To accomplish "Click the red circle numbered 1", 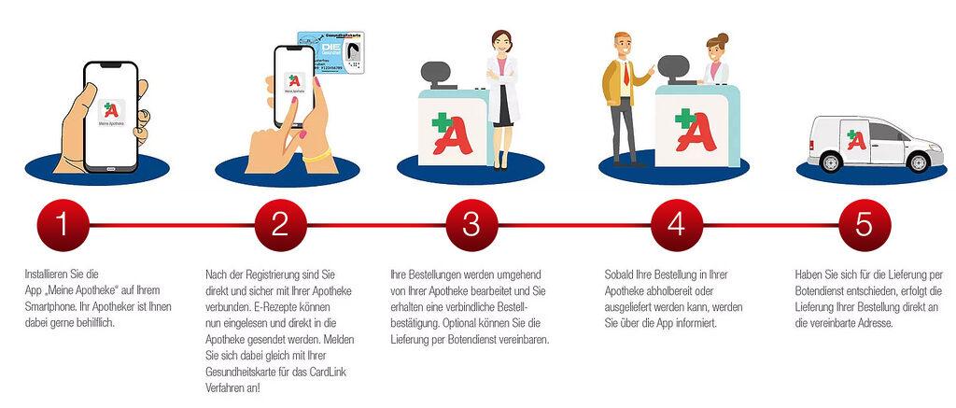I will [x=63, y=225].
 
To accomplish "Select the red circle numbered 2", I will [x=280, y=225].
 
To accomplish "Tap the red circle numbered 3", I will [x=471, y=225].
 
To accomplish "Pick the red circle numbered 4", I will [x=677, y=225].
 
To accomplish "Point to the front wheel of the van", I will [x=918, y=162].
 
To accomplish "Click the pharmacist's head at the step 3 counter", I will [x=500, y=45].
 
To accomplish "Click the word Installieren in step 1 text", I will [x=47, y=274].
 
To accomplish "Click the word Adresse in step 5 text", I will [x=876, y=323].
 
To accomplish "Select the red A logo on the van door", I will [x=856, y=139].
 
